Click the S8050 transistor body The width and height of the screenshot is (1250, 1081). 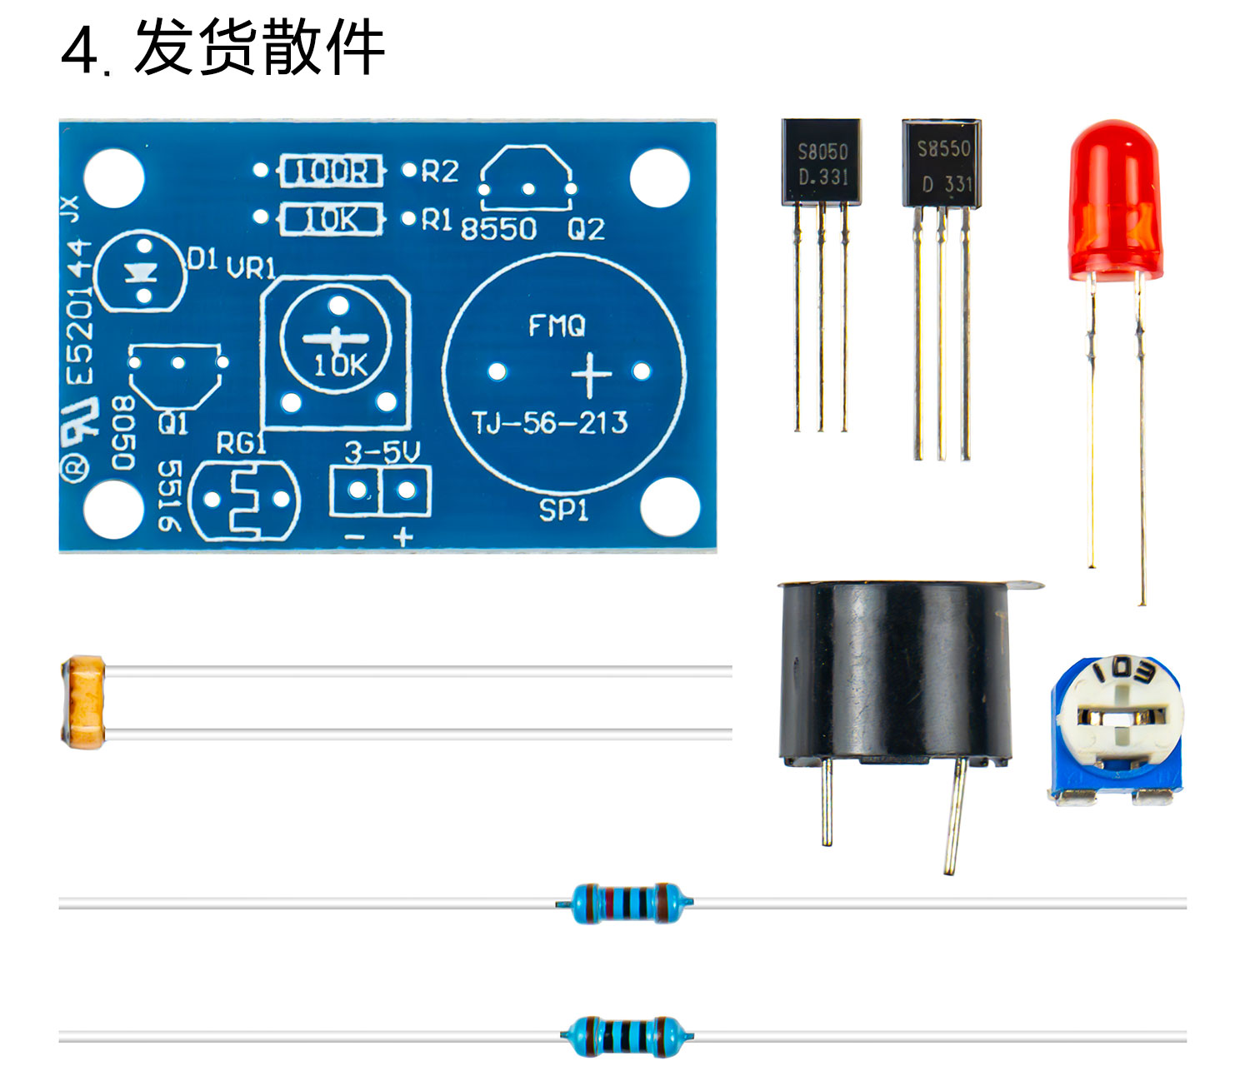click(821, 162)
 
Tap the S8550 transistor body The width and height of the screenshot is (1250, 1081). click(942, 163)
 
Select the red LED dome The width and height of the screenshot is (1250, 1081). click(1113, 200)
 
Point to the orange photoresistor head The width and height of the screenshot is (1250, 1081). click(84, 701)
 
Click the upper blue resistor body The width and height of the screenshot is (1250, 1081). click(623, 902)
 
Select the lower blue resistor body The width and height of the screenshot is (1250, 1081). click(625, 1036)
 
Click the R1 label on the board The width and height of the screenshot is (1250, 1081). click(436, 220)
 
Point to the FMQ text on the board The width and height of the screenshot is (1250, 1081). click(557, 326)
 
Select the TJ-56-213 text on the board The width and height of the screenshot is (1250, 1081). click(549, 423)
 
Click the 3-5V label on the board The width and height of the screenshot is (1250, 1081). click(382, 452)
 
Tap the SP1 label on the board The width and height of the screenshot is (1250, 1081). click(563, 510)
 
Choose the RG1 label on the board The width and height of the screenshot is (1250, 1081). click(241, 443)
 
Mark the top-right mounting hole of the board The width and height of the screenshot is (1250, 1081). click(659, 177)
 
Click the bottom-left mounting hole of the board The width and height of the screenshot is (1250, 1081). click(113, 507)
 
